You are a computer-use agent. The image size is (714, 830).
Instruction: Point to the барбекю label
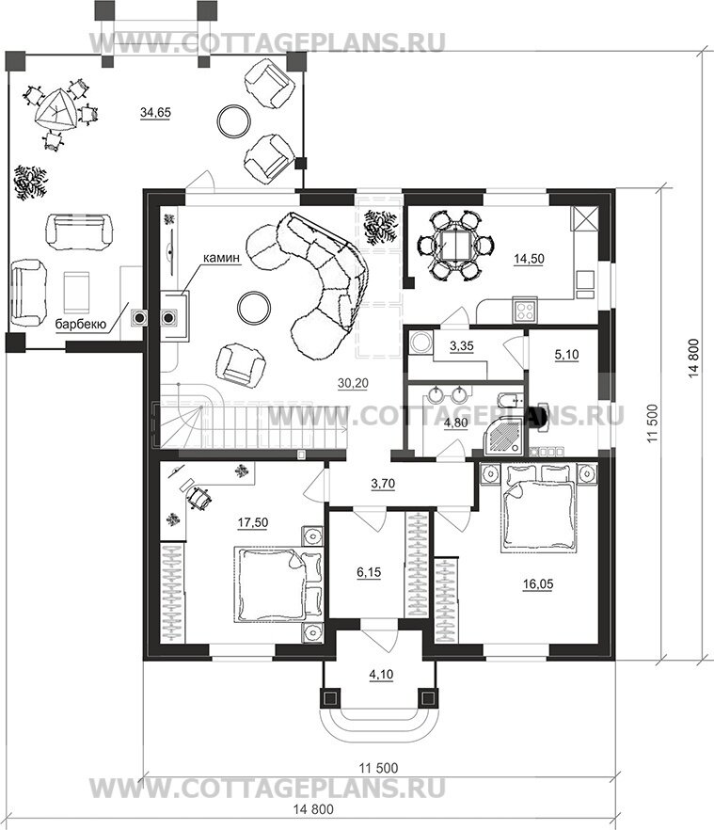click(x=79, y=324)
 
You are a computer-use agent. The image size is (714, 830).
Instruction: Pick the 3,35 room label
click(x=462, y=347)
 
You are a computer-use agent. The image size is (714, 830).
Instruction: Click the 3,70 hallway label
click(x=383, y=485)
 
